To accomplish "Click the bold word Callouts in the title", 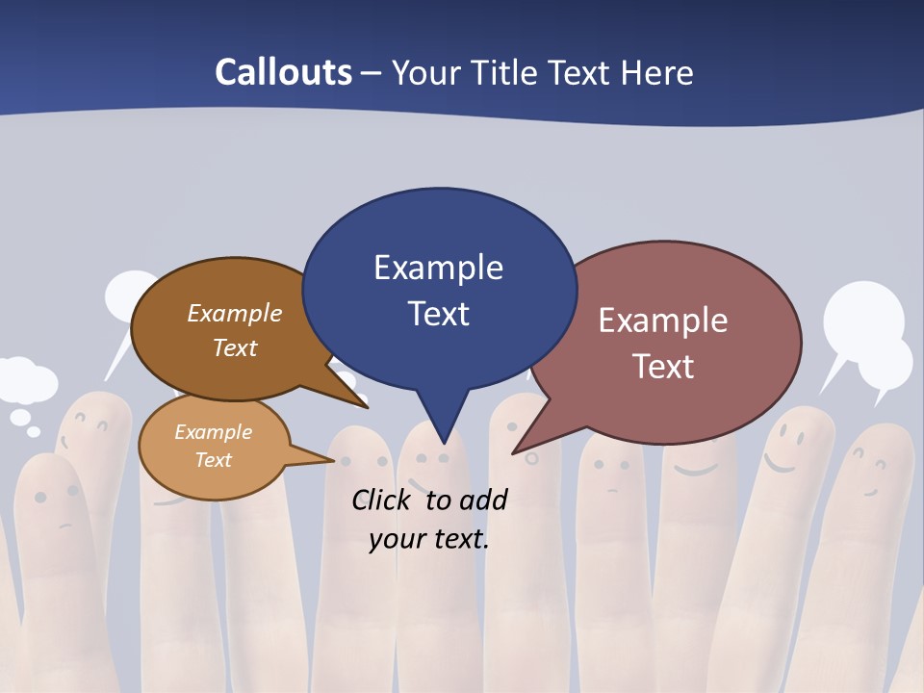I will pyautogui.click(x=283, y=72).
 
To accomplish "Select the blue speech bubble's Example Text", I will pyautogui.click(x=438, y=290).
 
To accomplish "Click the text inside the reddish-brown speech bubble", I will pyautogui.click(x=663, y=343).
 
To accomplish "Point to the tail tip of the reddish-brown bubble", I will pyautogui.click(x=516, y=450).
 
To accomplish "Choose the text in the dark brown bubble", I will pyautogui.click(x=234, y=330).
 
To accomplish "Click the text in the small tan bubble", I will pyautogui.click(x=213, y=446).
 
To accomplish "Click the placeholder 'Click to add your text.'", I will pyautogui.click(x=428, y=519).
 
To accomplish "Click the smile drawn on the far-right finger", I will pyautogui.click(x=871, y=476).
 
